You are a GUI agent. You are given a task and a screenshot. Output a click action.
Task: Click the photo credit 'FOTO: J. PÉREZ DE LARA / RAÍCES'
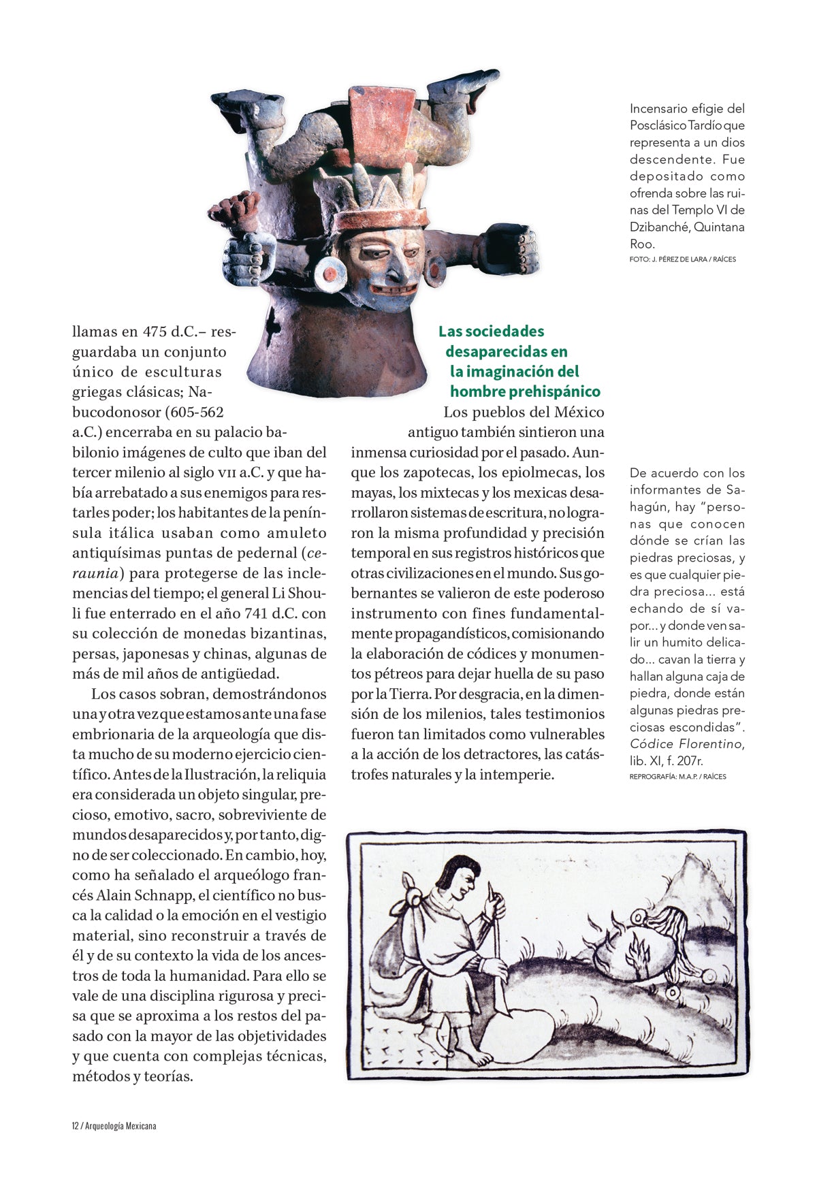click(682, 259)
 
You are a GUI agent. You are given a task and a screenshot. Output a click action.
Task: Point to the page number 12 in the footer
click(75, 1126)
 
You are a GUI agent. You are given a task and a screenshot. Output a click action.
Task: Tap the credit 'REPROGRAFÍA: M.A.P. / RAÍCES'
click(677, 776)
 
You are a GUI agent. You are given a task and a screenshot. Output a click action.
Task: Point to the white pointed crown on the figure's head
click(379, 189)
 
